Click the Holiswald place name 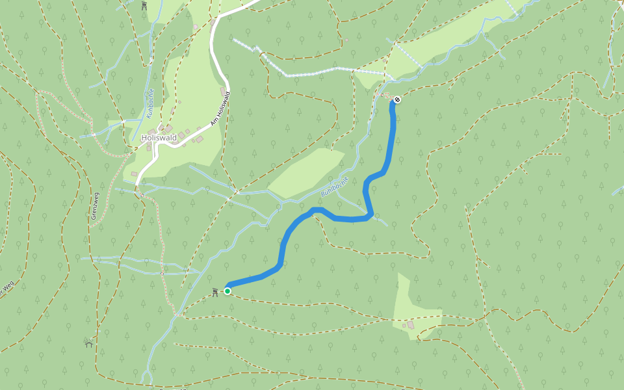[159, 138]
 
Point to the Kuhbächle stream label [149, 103]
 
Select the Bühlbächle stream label [335, 187]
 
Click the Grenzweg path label [94, 205]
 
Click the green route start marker [227, 291]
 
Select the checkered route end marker [397, 99]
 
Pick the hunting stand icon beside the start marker [214, 292]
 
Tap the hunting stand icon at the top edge [144, 6]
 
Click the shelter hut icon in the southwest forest [88, 343]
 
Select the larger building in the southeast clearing [410, 324]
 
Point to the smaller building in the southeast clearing [404, 326]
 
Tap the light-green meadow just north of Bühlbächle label [305, 172]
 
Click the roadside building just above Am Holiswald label [223, 90]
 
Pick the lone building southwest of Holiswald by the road [133, 174]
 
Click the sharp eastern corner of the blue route [370, 214]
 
